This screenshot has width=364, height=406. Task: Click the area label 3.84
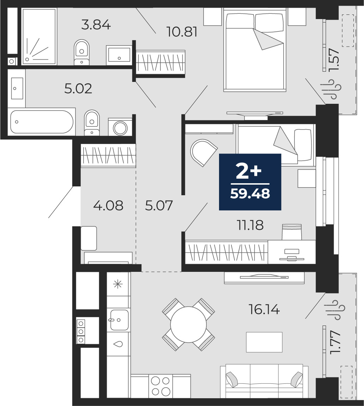click(96, 25)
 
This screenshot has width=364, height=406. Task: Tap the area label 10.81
click(182, 32)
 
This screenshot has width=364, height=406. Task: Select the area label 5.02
click(78, 89)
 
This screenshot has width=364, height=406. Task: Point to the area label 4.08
click(108, 205)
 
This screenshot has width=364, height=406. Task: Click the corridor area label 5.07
click(159, 205)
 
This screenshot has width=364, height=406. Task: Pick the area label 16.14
click(264, 309)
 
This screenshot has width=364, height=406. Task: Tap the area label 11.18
click(250, 225)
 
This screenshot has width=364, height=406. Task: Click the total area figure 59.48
click(250, 193)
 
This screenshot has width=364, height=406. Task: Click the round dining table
click(188, 325)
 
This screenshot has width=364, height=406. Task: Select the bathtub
click(42, 122)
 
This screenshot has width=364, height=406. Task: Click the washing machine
click(120, 127)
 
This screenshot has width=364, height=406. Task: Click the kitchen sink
click(118, 320)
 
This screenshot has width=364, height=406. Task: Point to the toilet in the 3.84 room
click(81, 52)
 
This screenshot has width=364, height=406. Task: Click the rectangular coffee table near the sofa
click(264, 342)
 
